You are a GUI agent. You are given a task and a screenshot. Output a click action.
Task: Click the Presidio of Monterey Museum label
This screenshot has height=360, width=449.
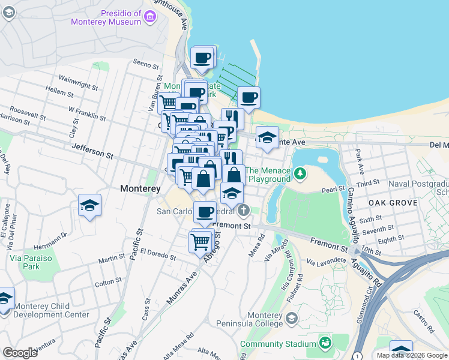tap(105, 18)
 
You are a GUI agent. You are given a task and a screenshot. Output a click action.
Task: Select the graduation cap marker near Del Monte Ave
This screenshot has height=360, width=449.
tap(267, 138)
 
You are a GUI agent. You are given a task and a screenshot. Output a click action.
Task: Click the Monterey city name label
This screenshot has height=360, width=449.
tap(140, 188)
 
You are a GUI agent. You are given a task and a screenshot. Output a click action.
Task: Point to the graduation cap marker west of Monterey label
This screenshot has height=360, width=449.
tap(89, 206)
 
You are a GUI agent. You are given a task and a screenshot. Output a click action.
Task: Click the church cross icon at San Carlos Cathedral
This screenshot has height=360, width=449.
tap(243, 211)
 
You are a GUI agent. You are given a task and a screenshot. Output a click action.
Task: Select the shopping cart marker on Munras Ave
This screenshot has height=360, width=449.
tap(200, 242)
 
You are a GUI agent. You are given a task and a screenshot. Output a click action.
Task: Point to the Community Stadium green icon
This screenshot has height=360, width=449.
tap(325, 343)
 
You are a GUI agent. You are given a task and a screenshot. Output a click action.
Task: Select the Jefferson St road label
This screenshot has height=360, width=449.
tap(92, 151)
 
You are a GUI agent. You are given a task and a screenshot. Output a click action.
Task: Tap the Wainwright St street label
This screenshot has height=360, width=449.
tap(78, 82)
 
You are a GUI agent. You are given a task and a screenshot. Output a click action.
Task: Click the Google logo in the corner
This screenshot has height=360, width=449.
tap(20, 352)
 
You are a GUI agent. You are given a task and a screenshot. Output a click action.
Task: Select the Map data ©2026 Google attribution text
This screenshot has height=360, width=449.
tap(412, 355)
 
